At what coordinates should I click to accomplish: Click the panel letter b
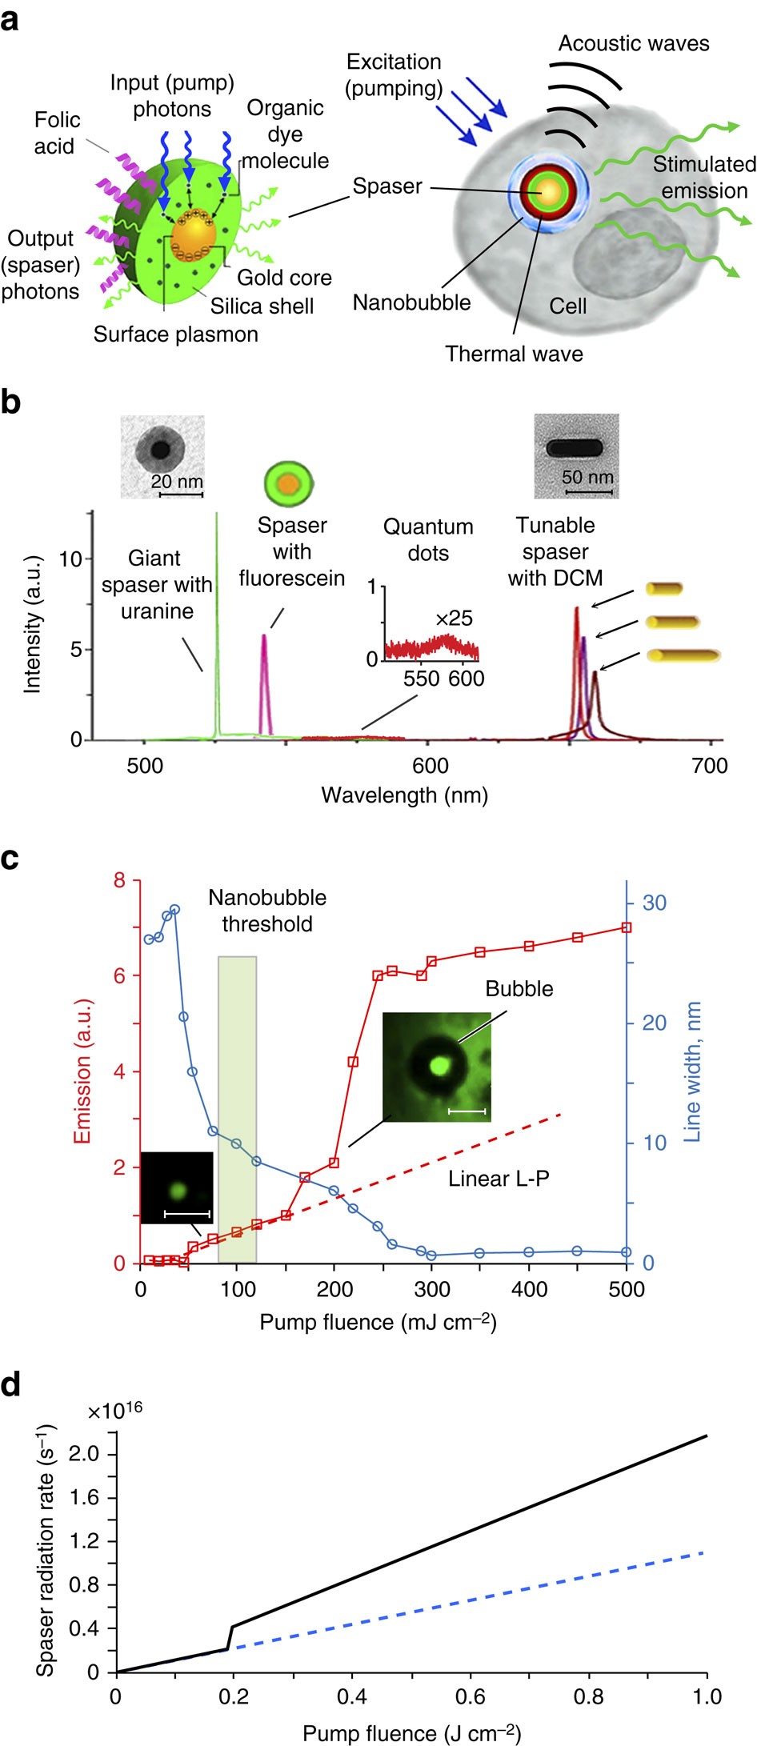11,402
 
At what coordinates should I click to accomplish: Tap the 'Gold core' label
284,278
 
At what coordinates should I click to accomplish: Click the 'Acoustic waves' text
633,43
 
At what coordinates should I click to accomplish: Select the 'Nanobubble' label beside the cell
411,302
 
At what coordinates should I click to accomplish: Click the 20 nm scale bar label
177,482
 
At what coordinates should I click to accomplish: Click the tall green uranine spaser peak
217,624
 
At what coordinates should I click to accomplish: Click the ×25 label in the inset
454,619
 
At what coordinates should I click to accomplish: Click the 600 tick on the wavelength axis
430,767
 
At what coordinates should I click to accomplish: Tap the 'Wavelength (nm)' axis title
404,795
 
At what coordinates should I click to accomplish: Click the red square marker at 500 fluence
627,927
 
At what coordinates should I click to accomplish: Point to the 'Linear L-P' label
499,1179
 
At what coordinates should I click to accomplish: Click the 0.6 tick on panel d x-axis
470,1696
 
